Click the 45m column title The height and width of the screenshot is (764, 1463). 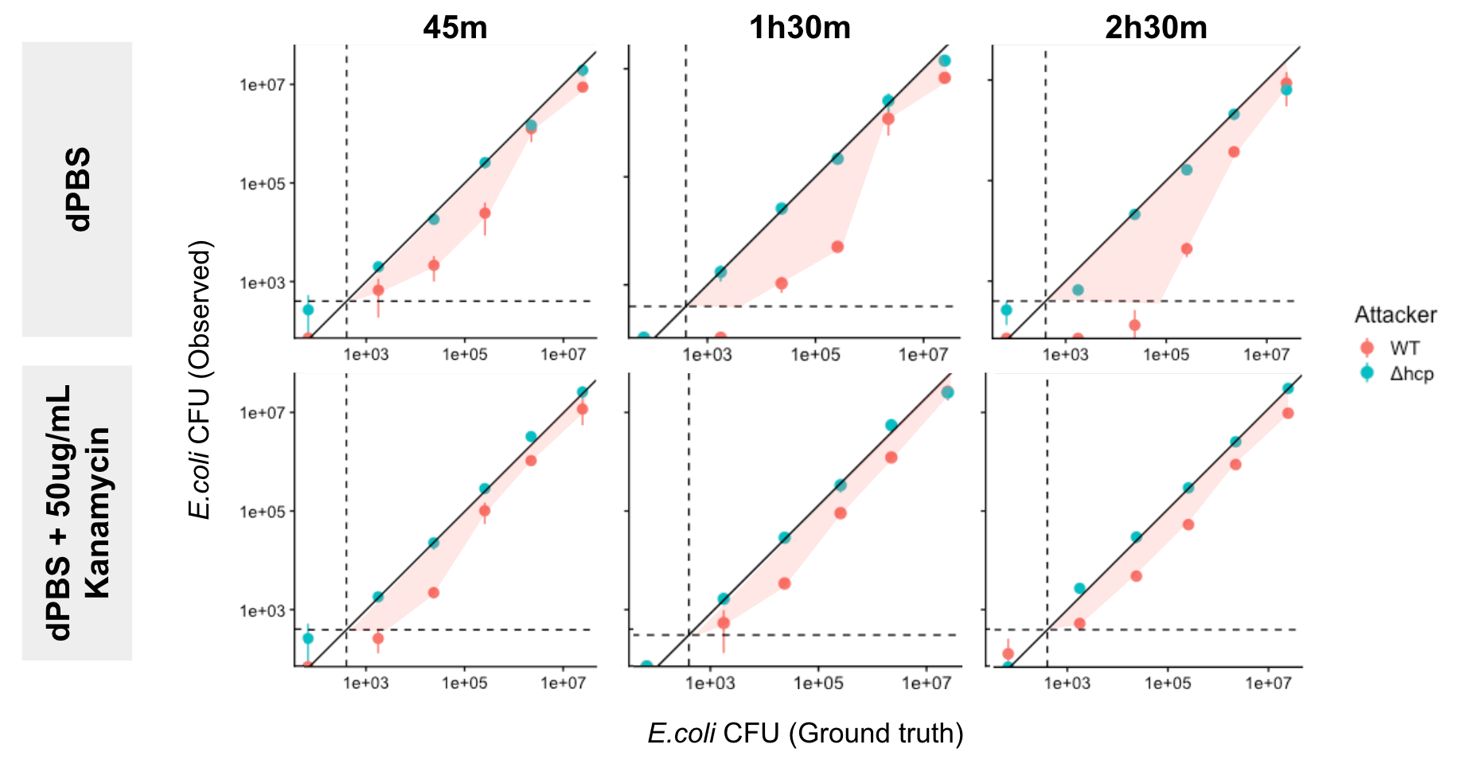tap(455, 28)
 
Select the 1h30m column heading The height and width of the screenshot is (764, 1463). tap(799, 28)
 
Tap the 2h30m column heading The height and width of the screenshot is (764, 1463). tap(1156, 28)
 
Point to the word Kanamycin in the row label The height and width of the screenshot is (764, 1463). tap(97, 513)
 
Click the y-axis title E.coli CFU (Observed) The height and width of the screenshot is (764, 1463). tap(200, 379)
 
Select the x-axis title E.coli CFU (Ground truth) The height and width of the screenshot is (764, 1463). tap(805, 733)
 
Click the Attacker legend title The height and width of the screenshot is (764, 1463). tap(1395, 315)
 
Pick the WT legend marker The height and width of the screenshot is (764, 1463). tap(1367, 348)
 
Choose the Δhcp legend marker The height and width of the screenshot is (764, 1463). tap(1367, 372)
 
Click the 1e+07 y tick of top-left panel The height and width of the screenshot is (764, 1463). tap(262, 84)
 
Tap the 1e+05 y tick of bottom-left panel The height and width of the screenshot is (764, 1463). tap(262, 512)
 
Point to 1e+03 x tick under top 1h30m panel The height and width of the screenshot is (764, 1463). tap(707, 355)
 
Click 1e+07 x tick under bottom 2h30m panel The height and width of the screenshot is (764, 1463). tap(1268, 683)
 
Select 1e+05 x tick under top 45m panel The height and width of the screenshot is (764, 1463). tap(464, 355)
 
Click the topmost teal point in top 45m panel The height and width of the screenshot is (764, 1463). tap(583, 70)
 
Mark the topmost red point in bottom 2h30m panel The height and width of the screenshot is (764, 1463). tap(1288, 413)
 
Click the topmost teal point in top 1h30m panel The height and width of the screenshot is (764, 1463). tap(944, 60)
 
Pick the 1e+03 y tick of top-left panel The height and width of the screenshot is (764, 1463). tap(262, 283)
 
